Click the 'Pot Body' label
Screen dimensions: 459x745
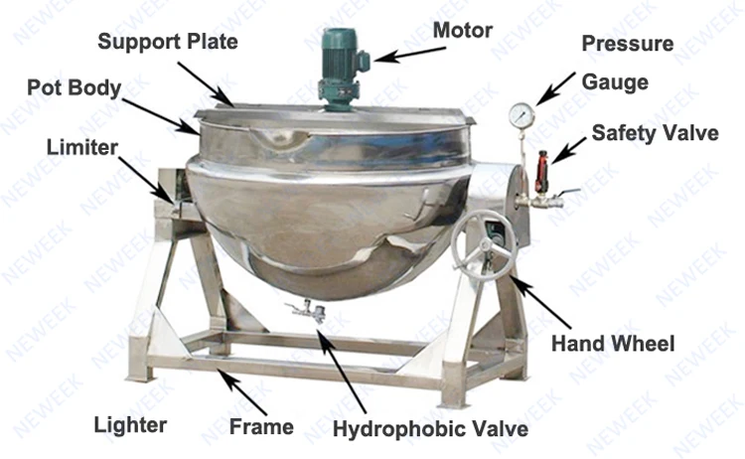pyautogui.click(x=74, y=86)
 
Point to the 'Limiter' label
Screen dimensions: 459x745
pyautogui.click(x=81, y=148)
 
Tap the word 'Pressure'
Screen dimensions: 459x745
pyautogui.click(x=627, y=45)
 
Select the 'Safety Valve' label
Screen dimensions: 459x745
pyautogui.click(x=655, y=133)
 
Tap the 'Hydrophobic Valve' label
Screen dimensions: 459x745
pyautogui.click(x=429, y=429)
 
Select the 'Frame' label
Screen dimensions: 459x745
pyautogui.click(x=261, y=427)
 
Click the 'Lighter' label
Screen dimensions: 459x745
pyautogui.click(x=130, y=425)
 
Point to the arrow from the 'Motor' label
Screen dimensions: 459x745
pyautogui.click(x=401, y=51)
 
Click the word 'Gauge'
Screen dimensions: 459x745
pyautogui.click(x=609, y=80)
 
